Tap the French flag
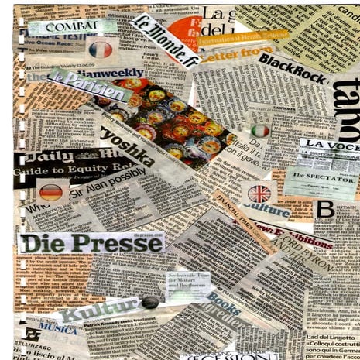101,50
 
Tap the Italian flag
261,131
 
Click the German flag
51,193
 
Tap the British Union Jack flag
259,193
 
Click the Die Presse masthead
91,242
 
